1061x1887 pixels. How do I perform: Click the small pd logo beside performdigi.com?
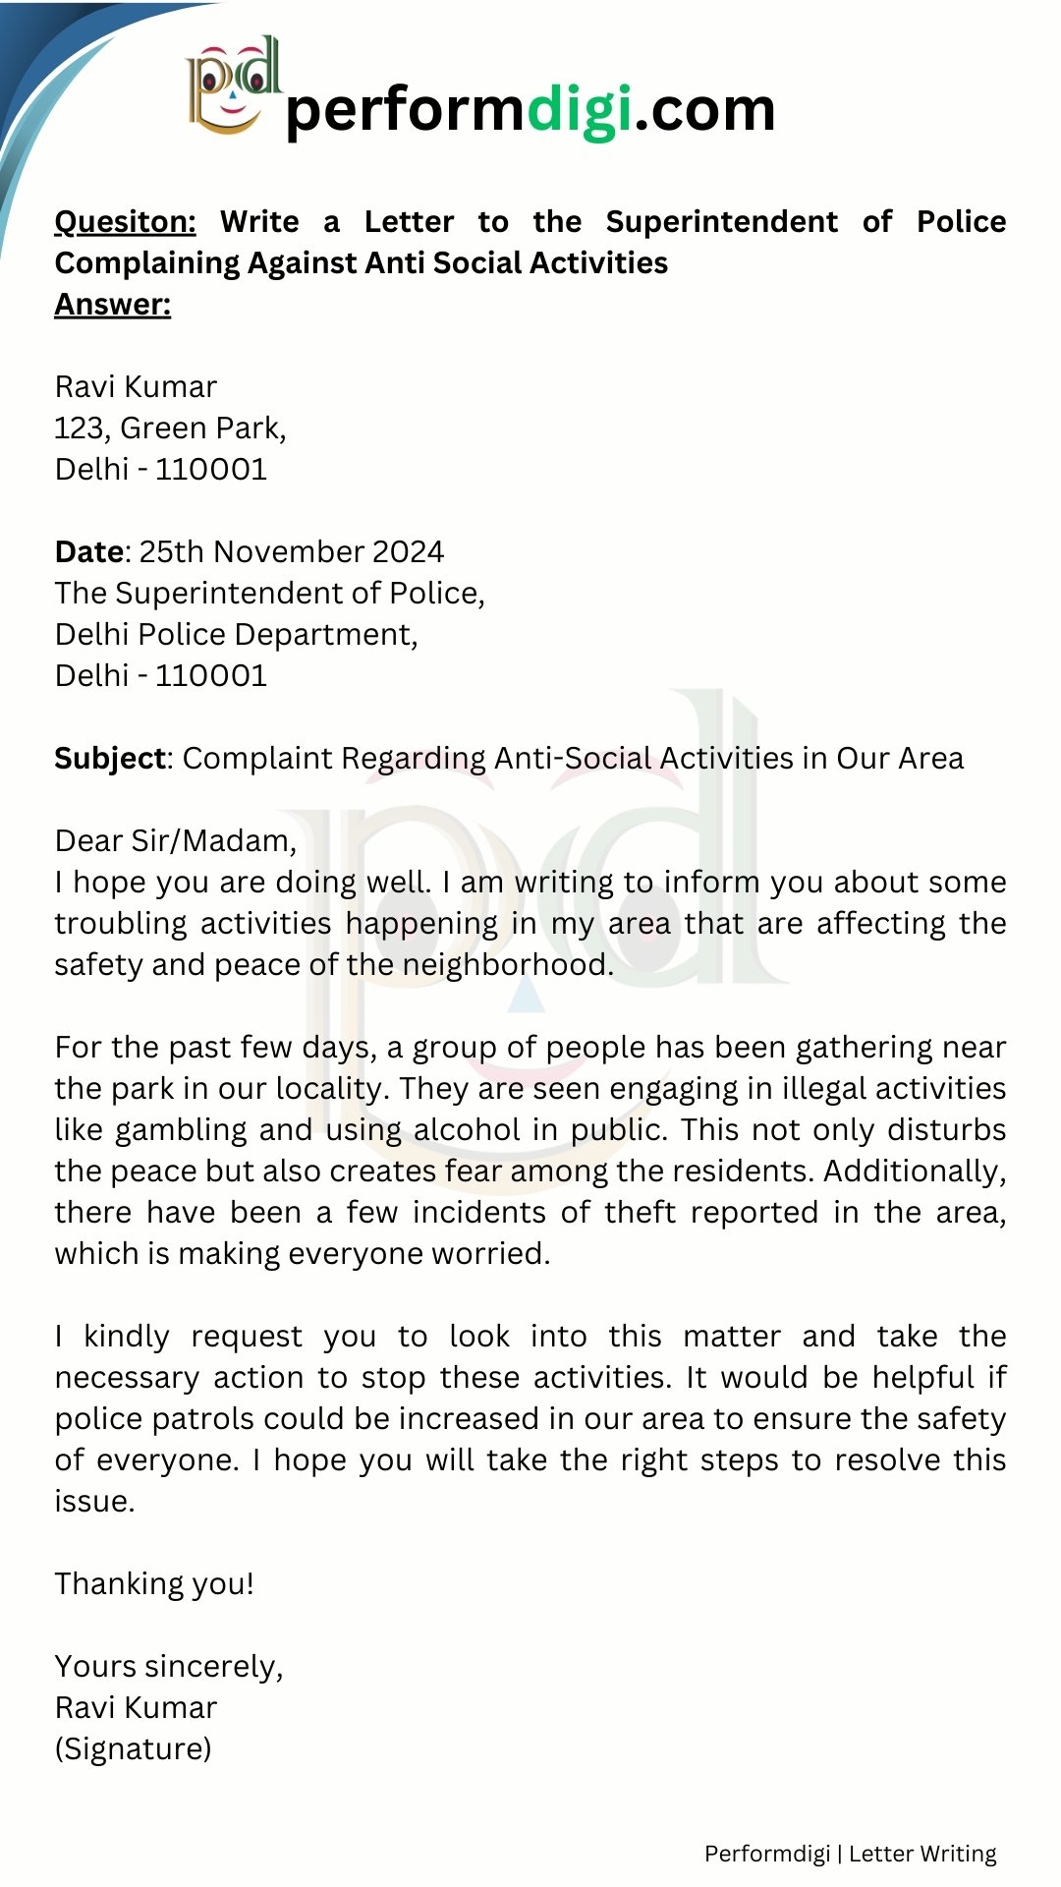232,86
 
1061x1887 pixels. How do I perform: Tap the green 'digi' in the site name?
580,109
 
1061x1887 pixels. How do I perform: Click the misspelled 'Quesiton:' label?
125,222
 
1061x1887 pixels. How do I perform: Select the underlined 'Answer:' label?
112,305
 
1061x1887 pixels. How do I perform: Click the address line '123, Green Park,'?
170,429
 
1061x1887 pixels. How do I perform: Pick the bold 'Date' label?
88,552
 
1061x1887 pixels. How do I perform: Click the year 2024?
408,552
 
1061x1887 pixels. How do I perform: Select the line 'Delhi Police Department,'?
236,635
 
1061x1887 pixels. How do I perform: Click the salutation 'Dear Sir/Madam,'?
175,841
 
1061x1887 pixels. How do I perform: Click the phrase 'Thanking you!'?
154,1584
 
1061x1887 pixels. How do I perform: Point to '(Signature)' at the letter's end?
133,1749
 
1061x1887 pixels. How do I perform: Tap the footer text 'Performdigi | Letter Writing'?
850,1854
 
